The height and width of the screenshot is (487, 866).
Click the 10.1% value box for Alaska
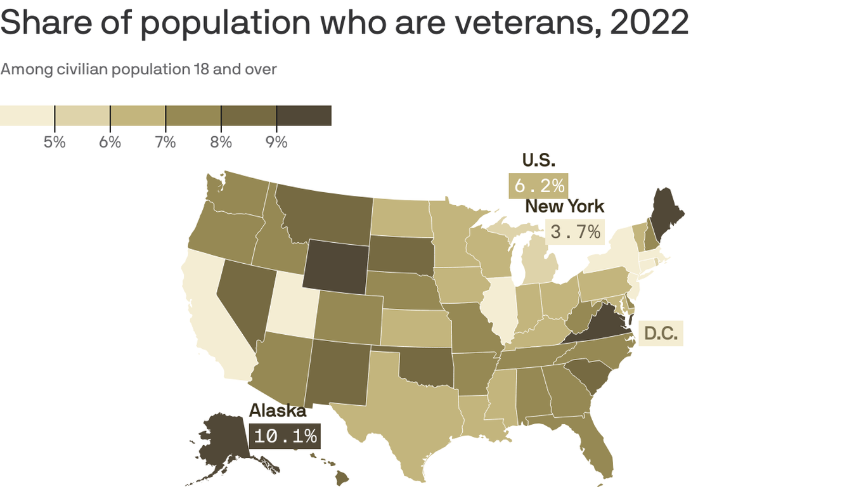click(x=285, y=436)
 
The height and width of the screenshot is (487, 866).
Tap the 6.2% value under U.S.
click(x=538, y=186)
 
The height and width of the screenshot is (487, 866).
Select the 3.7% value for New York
click(x=575, y=232)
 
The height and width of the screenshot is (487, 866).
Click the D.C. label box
click(x=661, y=333)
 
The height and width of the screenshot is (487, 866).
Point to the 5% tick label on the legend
click(x=55, y=142)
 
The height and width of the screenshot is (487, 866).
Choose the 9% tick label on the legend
click(x=276, y=142)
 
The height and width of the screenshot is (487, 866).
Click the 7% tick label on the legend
click(x=165, y=142)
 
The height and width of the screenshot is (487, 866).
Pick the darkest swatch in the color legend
click(x=304, y=116)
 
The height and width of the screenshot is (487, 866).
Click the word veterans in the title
click(x=520, y=22)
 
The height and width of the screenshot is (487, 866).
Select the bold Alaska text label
click(x=277, y=411)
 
